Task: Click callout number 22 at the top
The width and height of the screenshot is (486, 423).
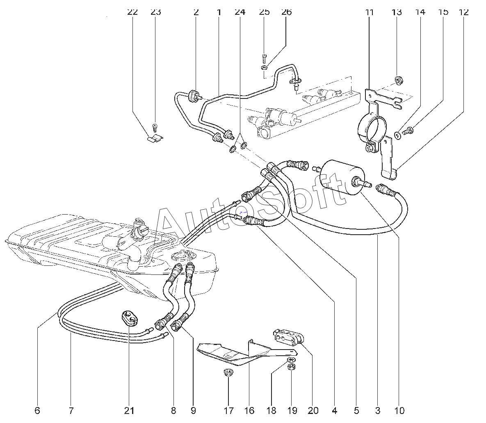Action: (x=132, y=12)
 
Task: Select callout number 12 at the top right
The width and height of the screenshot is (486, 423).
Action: (x=463, y=12)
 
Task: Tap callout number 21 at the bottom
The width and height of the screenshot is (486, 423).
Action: (x=129, y=410)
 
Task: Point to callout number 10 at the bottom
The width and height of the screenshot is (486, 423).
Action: (x=399, y=410)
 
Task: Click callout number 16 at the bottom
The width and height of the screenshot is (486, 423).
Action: (x=249, y=410)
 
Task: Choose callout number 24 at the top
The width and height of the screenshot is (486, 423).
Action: (x=240, y=12)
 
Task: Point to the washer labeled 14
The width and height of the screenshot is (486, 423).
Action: (x=397, y=135)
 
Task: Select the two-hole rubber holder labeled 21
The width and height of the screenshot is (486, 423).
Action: (x=129, y=318)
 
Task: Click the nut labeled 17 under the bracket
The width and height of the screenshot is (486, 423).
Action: (x=228, y=373)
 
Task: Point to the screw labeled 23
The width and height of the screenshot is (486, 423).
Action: (x=155, y=127)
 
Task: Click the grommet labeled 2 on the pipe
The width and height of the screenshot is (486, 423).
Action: (x=192, y=95)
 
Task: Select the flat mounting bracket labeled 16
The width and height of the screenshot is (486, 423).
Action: (x=230, y=353)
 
